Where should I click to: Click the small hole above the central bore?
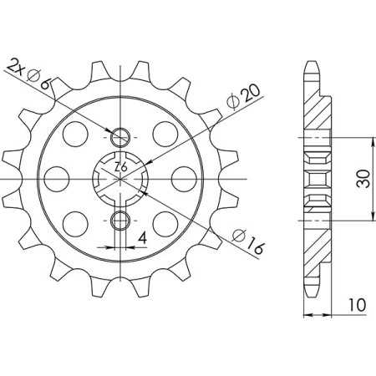pos(122,137)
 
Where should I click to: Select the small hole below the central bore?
pos(122,221)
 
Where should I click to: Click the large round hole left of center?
pos(56,178)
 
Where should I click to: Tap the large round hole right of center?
pos(185,178)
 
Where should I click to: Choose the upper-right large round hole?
pos(166,133)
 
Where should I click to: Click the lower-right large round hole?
pos(166,223)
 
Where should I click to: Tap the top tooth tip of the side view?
pos(312,63)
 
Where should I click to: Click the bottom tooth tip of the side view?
pos(312,293)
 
